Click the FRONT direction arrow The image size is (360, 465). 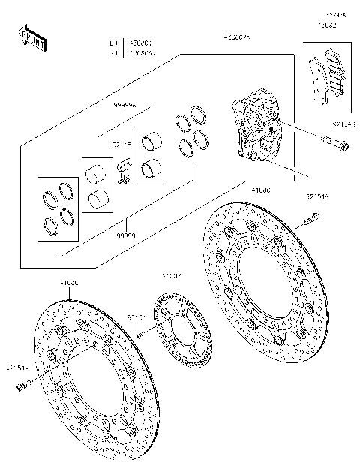(32, 37)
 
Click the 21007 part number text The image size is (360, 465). (171, 276)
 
